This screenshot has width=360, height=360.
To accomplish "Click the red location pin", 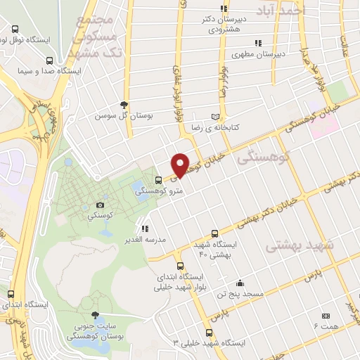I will pos(181,165).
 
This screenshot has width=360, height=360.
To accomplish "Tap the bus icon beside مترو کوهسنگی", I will pos(159,180).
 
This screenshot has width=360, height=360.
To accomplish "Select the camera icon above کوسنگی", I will pos(100,205).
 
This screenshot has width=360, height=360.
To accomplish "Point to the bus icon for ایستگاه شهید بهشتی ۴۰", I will pos(215,233).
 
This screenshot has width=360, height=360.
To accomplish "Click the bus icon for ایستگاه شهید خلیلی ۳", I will pos(208,333).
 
